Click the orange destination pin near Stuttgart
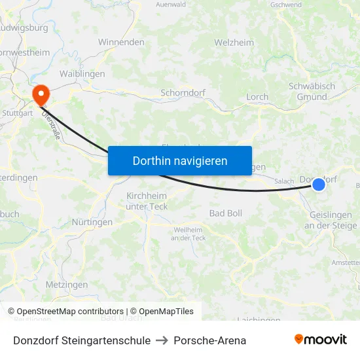pyautogui.click(x=41, y=95)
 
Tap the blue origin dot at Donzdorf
pyautogui.click(x=319, y=185)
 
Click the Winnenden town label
pyautogui.click(x=121, y=42)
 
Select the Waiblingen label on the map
pyautogui.click(x=82, y=74)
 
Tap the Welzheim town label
pyautogui.click(x=234, y=43)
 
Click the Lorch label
pyautogui.click(x=257, y=97)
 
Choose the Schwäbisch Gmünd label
pyautogui.click(x=312, y=92)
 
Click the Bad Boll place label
pyautogui.click(x=226, y=213)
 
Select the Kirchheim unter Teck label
pyautogui.click(x=147, y=201)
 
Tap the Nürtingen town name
pyautogui.click(x=92, y=222)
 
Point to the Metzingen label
pyautogui.click(x=67, y=285)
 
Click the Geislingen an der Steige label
pyautogui.click(x=331, y=220)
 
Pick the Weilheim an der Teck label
pyautogui.click(x=189, y=234)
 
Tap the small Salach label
pyautogui.click(x=284, y=181)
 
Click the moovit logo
pyautogui.click(x=321, y=339)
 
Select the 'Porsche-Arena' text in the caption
pyautogui.click(x=210, y=340)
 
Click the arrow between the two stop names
pyautogui.click(x=162, y=340)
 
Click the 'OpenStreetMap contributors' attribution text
pyautogui.click(x=70, y=312)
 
